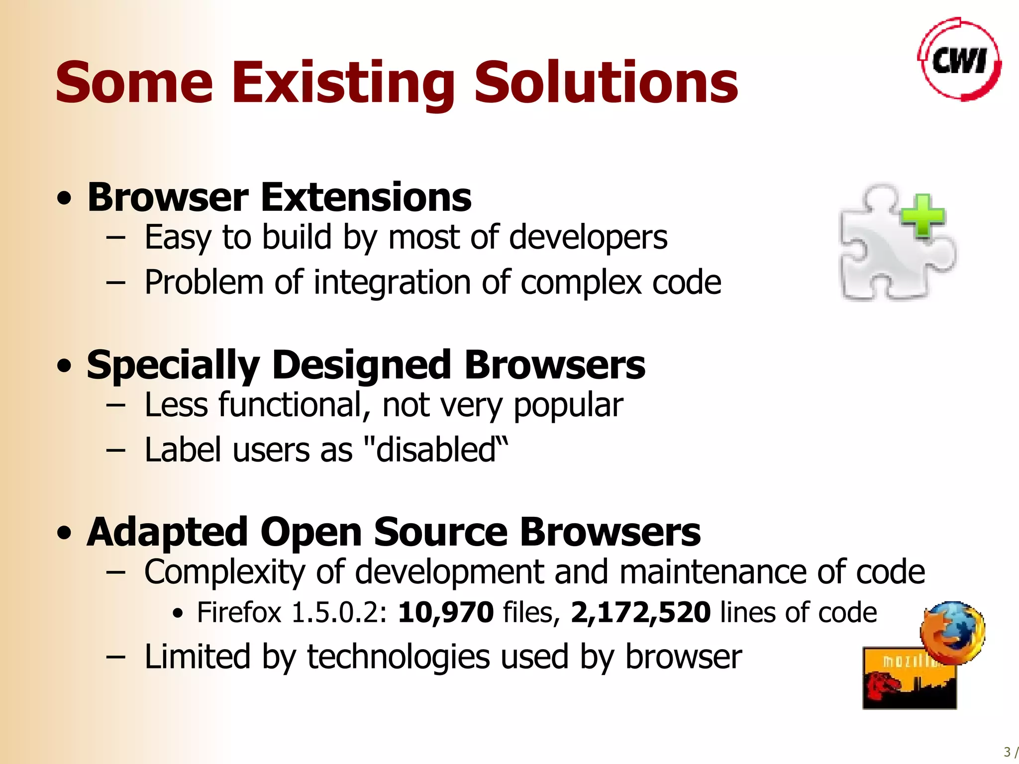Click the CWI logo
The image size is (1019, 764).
point(959,60)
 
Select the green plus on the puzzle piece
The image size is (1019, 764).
point(923,216)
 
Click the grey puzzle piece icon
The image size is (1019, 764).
point(891,254)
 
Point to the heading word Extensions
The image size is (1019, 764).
point(366,197)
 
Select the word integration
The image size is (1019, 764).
point(392,283)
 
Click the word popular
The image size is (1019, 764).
point(568,405)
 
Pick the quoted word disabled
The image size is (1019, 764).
point(435,450)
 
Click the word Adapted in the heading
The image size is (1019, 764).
point(167,533)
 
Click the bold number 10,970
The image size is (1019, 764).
point(445,612)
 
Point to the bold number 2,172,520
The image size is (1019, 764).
point(640,612)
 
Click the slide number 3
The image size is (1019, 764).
point(1007,752)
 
